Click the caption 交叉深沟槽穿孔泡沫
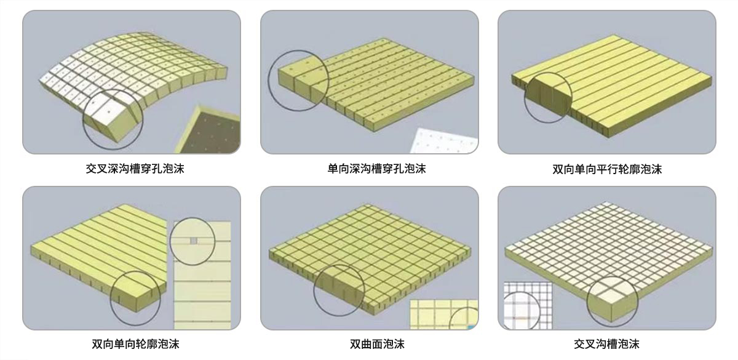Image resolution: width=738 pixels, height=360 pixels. point(135,169)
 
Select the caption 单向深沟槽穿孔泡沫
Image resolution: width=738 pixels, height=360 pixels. point(376,169)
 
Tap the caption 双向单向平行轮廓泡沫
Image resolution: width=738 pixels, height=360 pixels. point(607,169)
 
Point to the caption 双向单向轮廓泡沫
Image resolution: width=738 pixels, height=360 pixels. point(135,344)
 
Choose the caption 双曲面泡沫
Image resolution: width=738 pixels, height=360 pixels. point(377,344)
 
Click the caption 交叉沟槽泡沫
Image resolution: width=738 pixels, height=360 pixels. point(606,344)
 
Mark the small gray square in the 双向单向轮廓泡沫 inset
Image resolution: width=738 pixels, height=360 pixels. point(194,241)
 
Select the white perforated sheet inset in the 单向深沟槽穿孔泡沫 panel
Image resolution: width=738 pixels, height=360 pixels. point(444,141)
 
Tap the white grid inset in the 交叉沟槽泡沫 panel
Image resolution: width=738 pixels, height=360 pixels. point(528,305)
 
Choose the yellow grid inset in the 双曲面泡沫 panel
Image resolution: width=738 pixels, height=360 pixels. point(443,314)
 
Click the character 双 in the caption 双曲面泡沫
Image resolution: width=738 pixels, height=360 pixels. point(355,344)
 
